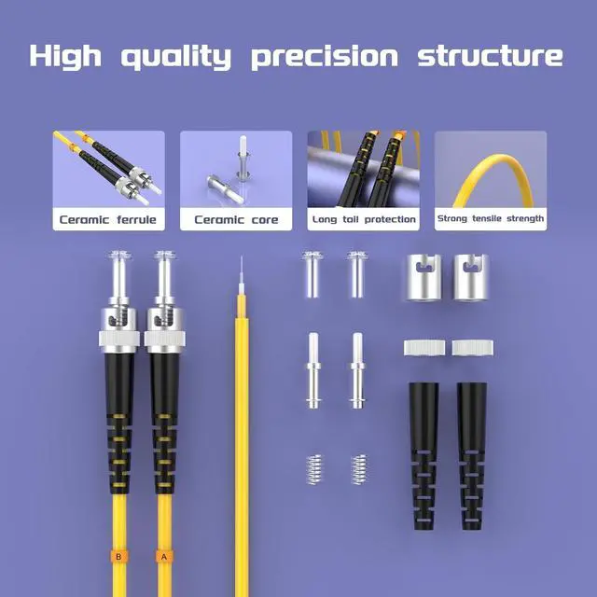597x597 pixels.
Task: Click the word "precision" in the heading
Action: [324, 56]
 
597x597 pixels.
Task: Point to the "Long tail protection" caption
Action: [364, 220]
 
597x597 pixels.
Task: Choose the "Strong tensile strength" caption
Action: [490, 220]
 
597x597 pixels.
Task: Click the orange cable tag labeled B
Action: [118, 557]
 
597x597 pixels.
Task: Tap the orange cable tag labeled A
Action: [165, 557]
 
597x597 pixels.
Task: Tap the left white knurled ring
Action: [424, 348]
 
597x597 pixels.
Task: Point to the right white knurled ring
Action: [472, 348]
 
